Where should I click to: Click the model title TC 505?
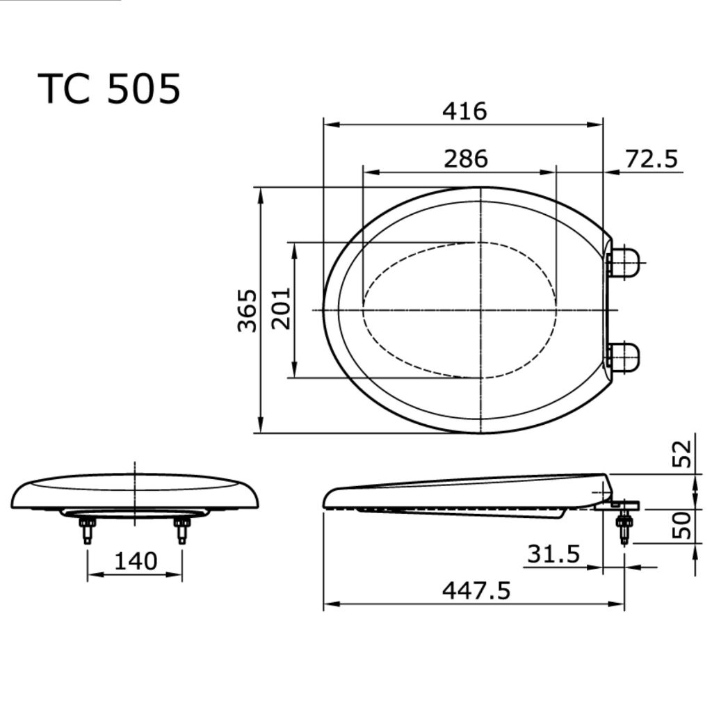pos(109,88)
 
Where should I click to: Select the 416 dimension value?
pos(464,111)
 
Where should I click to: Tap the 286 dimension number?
pos(465,159)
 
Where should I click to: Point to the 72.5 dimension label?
pos(651,159)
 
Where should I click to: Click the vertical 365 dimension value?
pos(248,310)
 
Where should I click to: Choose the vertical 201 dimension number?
pos(281,308)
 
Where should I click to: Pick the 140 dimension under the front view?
pos(136,561)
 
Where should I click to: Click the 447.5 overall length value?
pos(476,590)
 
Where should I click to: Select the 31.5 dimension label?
pos(553,553)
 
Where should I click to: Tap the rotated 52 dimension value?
pos(681,454)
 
